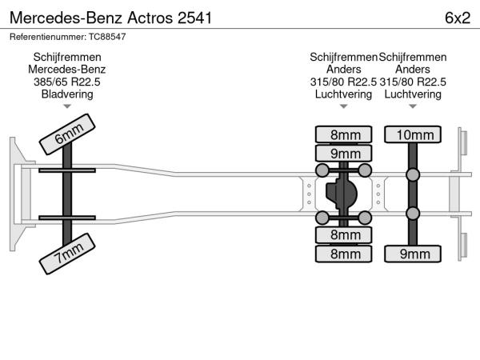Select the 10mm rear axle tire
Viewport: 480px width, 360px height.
pyautogui.click(x=412, y=134)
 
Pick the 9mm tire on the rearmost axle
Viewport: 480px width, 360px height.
pyautogui.click(x=412, y=254)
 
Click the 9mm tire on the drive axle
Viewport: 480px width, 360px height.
pyautogui.click(x=345, y=153)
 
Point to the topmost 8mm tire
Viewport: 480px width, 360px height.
pyautogui.click(x=345, y=134)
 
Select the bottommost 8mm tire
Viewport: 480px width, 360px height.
pyautogui.click(x=345, y=254)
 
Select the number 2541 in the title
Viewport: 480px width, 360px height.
pyautogui.click(x=194, y=18)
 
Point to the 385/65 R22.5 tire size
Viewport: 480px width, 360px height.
pyautogui.click(x=67, y=82)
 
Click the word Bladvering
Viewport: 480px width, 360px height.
pyautogui.click(x=67, y=94)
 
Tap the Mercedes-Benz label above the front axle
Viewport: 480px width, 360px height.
pyautogui.click(x=67, y=70)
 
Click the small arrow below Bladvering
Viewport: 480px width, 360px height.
pyautogui.click(x=67, y=106)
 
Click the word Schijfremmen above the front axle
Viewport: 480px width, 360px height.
pyautogui.click(x=67, y=57)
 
